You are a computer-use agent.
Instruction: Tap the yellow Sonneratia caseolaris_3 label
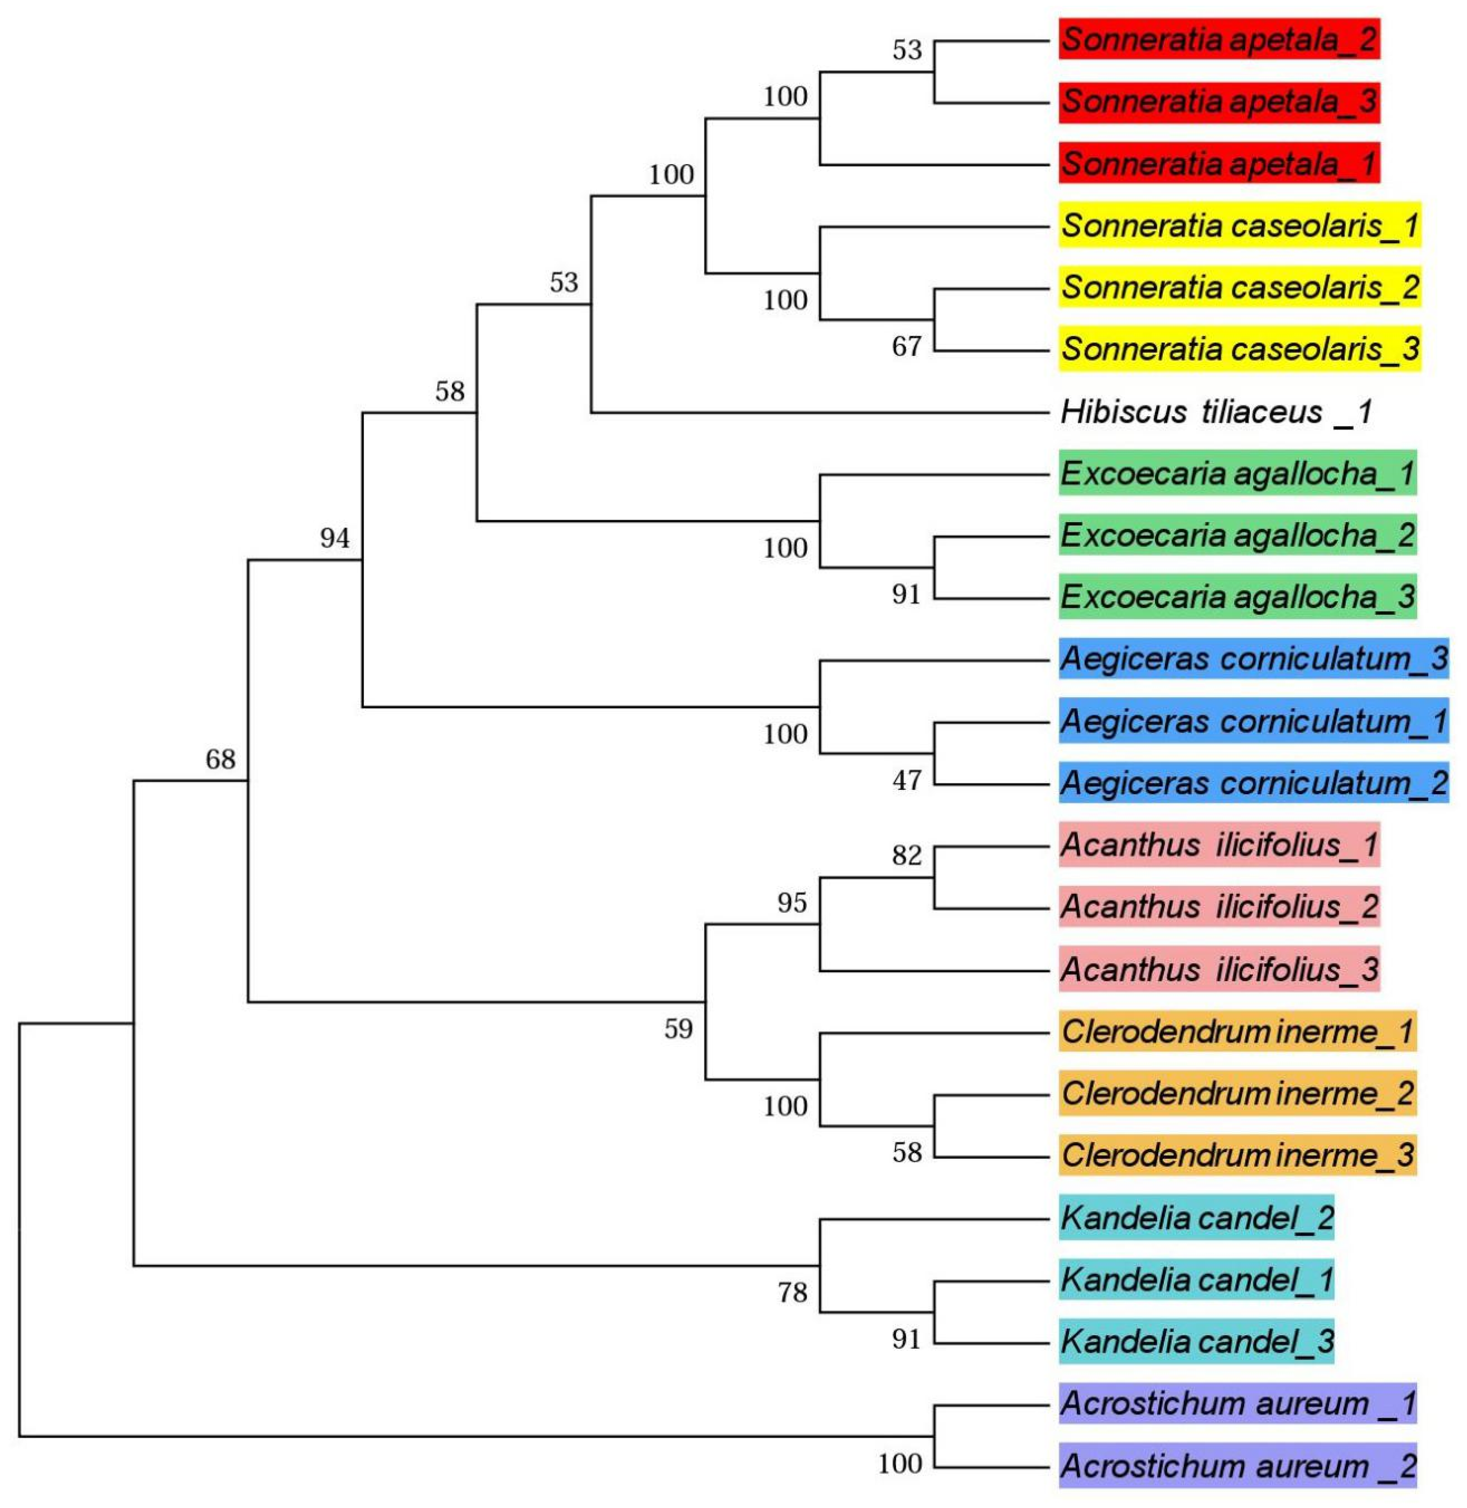(1239, 349)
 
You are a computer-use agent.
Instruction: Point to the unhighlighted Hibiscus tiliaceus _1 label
(1216, 412)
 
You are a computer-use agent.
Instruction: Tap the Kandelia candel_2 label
(1196, 1217)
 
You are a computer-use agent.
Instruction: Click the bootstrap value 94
(334, 538)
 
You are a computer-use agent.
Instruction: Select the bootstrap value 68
(220, 760)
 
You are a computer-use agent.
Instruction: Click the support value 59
(678, 1029)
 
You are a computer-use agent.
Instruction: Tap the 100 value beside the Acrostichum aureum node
(900, 1463)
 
